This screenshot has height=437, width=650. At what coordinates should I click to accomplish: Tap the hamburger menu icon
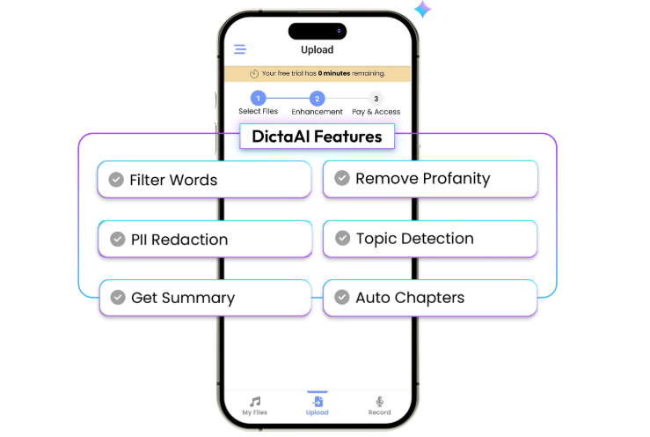(240, 49)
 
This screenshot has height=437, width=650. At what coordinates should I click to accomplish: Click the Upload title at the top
(318, 50)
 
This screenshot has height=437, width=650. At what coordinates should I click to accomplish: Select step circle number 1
(259, 99)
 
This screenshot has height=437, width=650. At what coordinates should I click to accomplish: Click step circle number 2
(318, 99)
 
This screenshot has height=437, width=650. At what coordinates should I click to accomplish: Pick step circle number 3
(376, 99)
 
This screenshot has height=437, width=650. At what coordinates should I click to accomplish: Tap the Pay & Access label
(376, 112)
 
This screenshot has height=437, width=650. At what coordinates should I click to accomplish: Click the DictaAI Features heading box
(318, 137)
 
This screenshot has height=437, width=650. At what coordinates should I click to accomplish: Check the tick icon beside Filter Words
(116, 180)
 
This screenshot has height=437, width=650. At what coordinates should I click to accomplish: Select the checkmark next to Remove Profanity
(342, 178)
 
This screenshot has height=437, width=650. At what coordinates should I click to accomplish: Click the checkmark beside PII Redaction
(118, 239)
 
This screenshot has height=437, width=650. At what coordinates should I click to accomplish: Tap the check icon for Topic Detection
(342, 238)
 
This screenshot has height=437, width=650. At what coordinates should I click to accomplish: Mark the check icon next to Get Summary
(118, 298)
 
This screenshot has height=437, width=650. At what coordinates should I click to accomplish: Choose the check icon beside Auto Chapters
(342, 297)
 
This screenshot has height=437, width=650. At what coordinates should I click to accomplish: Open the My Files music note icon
(255, 401)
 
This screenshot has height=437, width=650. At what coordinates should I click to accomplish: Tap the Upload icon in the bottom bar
(318, 401)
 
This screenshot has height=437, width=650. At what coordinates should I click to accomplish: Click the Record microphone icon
(379, 401)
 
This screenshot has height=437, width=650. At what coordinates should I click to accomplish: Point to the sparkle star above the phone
(422, 9)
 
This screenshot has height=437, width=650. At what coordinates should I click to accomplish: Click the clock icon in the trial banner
(254, 73)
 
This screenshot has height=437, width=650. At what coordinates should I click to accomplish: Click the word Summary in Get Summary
(198, 299)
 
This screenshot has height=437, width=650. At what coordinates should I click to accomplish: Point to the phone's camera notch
(318, 31)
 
